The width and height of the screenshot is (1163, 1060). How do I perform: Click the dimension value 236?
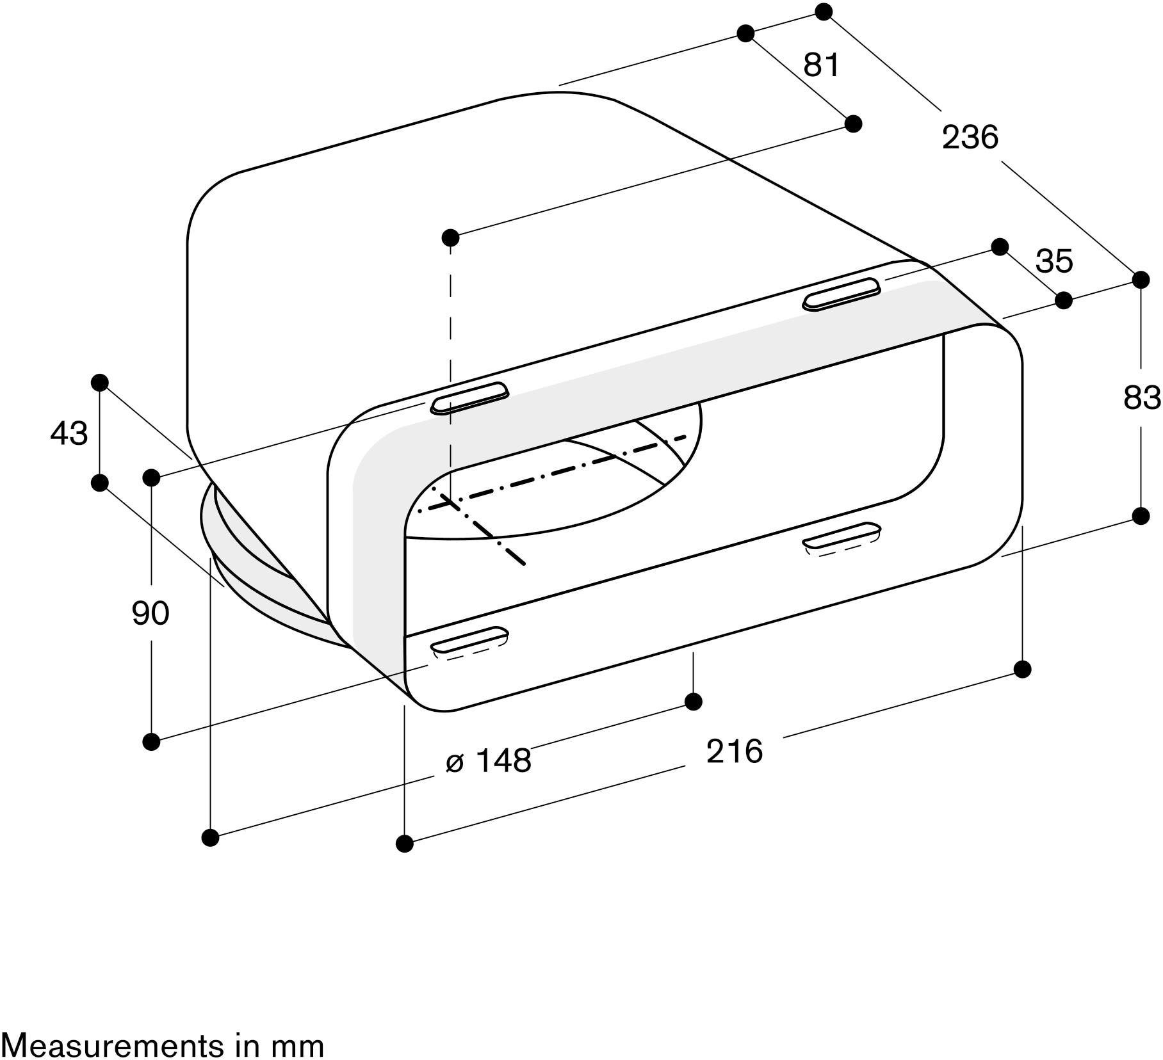click(970, 137)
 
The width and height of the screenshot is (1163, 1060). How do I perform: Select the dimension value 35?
click(1054, 261)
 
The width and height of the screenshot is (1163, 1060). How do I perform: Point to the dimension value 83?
click(1142, 397)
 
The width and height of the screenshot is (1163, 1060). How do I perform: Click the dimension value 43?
click(69, 433)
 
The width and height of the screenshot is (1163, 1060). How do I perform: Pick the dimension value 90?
click(150, 613)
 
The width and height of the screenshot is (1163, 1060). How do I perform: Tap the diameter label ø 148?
click(489, 760)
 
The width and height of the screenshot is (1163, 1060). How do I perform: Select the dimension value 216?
click(735, 751)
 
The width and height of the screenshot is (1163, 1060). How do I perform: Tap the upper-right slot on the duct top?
click(842, 294)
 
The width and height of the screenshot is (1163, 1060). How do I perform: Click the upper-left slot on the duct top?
click(470, 399)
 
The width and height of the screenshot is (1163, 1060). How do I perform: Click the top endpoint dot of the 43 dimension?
click(100, 383)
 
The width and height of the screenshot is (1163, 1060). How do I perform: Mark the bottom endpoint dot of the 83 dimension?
click(1141, 516)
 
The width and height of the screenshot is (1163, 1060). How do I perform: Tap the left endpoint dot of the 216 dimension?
click(405, 844)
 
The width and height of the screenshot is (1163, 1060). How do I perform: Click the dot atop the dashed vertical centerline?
click(450, 237)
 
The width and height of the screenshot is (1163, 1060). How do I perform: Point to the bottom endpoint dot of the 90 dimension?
click(151, 742)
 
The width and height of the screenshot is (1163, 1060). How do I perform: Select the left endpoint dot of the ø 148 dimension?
click(210, 837)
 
